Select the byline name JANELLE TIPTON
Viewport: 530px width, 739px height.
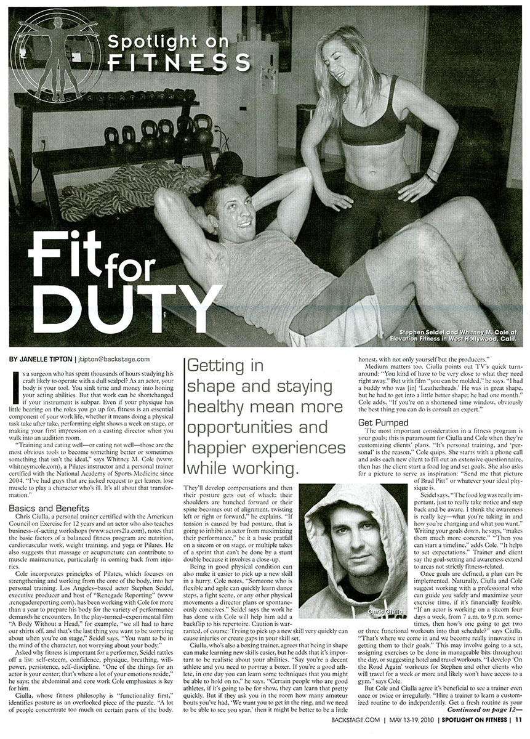pyautogui.click(x=47, y=359)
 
